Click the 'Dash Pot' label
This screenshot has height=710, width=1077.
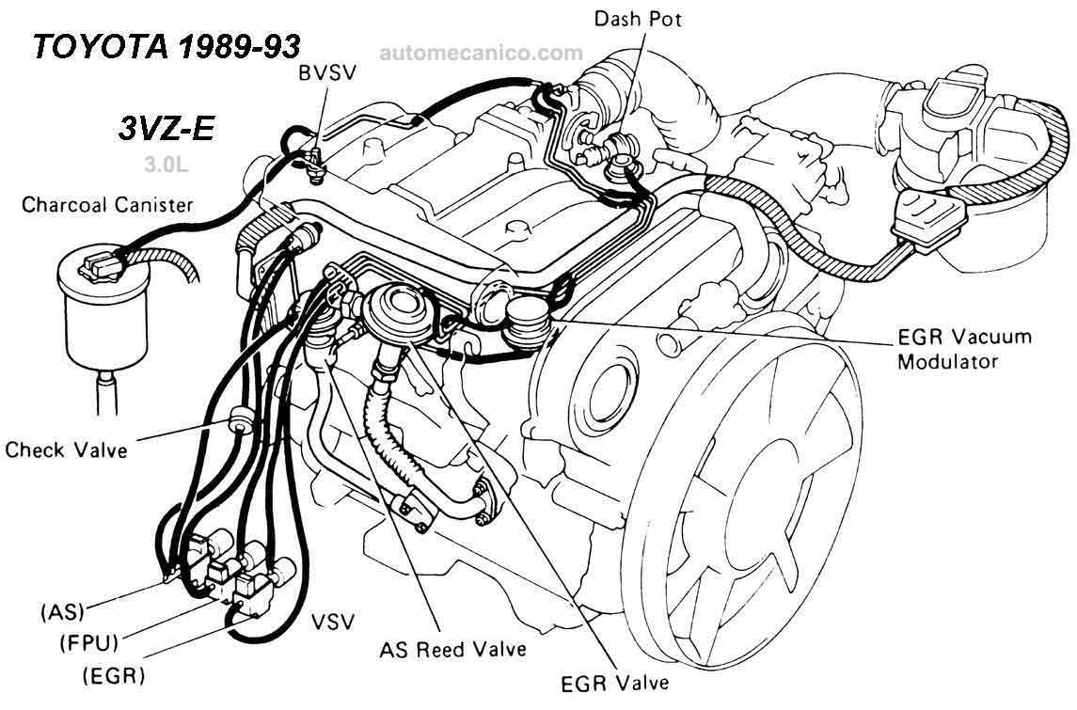(638, 19)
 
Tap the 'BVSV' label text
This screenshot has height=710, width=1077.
(327, 72)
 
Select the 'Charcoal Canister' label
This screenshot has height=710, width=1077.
(107, 205)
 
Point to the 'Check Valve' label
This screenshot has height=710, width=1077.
(66, 450)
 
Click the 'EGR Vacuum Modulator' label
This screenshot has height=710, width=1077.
(964, 349)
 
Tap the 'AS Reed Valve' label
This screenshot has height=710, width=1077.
(452, 649)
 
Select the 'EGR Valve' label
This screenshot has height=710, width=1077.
(614, 684)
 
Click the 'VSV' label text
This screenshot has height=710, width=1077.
(333, 622)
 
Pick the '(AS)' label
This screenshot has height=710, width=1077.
(62, 611)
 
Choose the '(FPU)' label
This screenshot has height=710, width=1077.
(89, 642)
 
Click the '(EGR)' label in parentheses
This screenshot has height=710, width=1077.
(114, 675)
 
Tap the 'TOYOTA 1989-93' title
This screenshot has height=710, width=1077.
(166, 47)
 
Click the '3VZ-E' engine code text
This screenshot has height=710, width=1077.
(166, 129)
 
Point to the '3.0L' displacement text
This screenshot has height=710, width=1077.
(166, 165)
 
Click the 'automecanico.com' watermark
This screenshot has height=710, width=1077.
(481, 53)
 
